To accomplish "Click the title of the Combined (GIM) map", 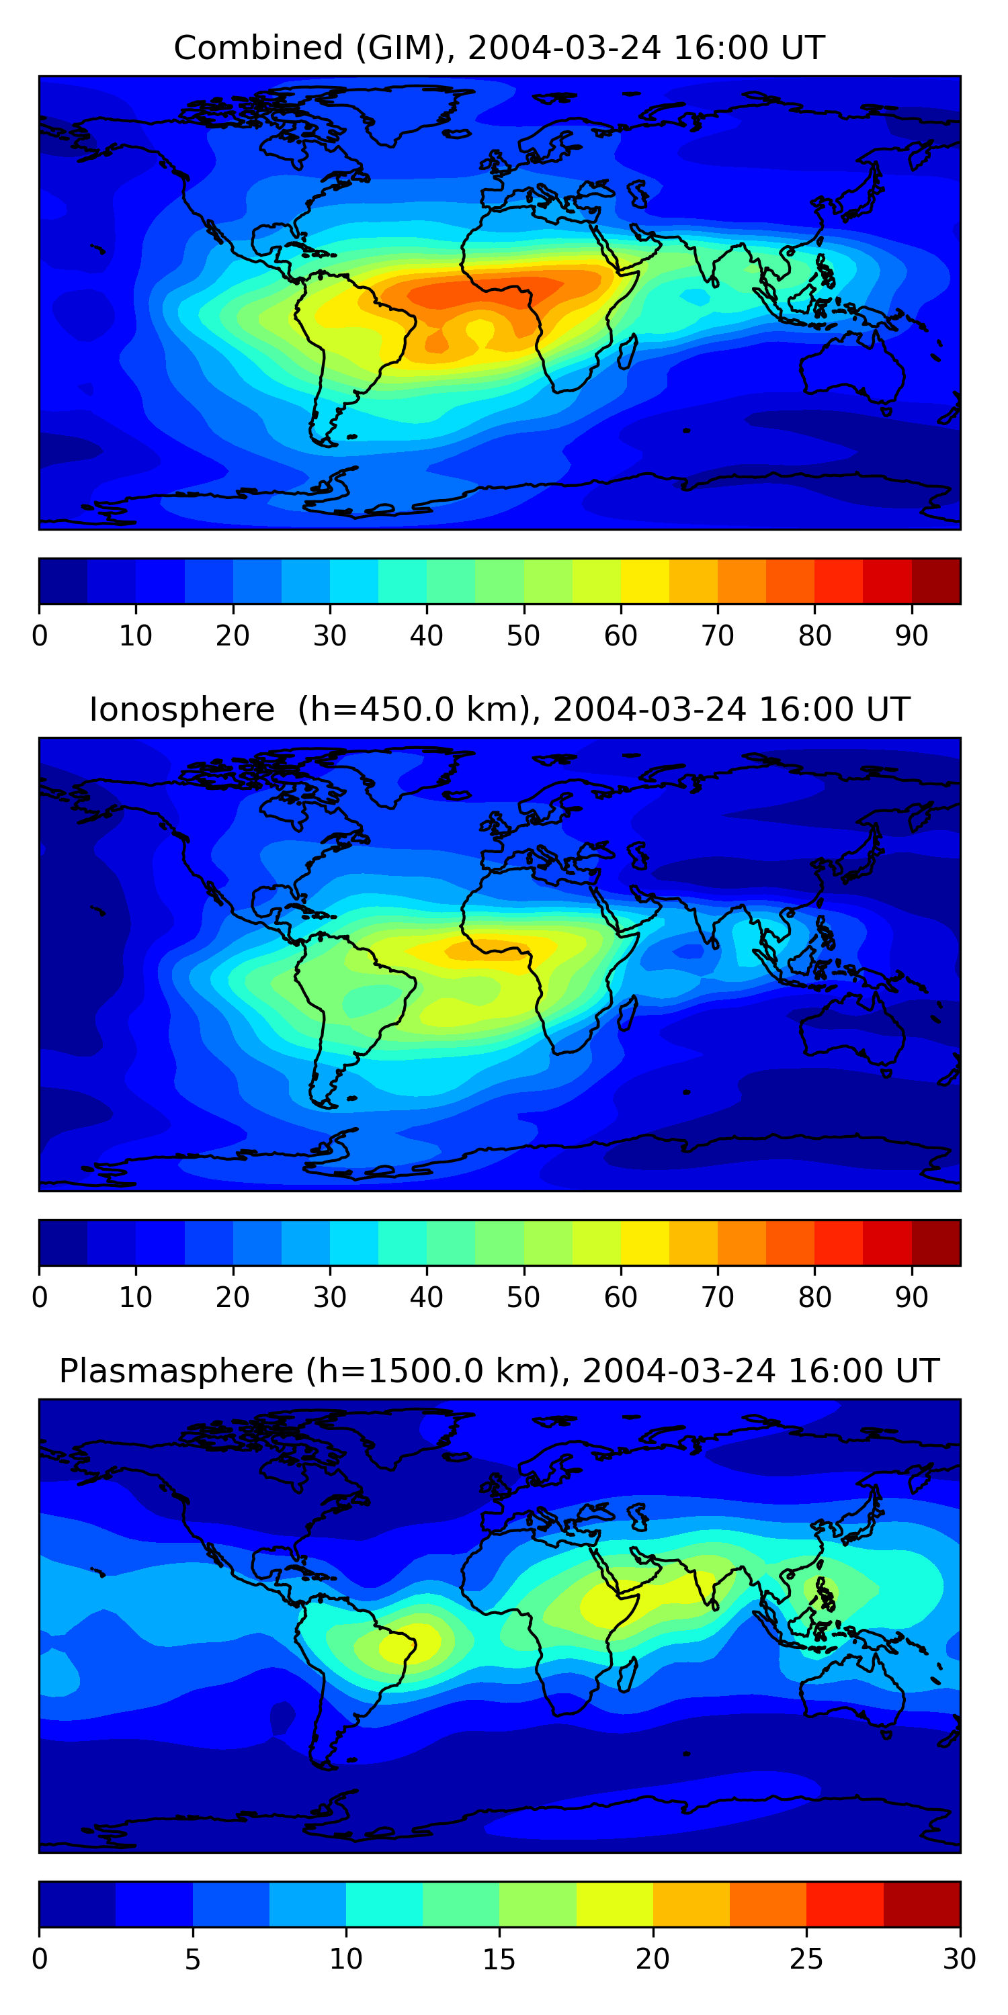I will [x=499, y=48].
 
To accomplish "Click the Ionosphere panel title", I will [x=499, y=710].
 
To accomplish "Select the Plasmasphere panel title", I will [x=499, y=1372].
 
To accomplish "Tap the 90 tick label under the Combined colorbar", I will [x=912, y=636].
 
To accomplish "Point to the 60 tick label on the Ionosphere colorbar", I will [x=621, y=1297].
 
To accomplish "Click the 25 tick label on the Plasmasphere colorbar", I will [x=806, y=1959].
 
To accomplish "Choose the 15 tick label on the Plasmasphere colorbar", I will [x=499, y=1959].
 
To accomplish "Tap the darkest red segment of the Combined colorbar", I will [x=936, y=581].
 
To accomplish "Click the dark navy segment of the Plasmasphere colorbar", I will [x=77, y=1904].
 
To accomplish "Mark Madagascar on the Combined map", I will [x=627, y=352].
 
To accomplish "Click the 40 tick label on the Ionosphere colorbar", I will [x=427, y=1297].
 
